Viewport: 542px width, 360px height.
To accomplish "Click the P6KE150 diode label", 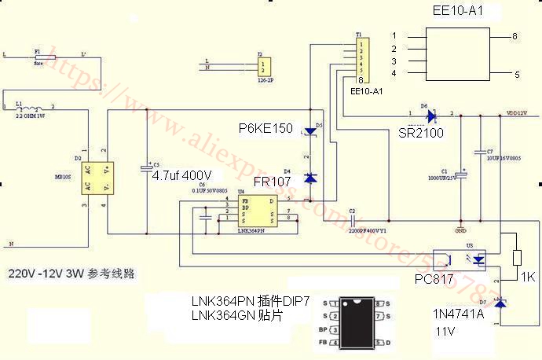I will (x=266, y=127).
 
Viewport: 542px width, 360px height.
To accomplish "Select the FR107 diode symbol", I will (x=310, y=178).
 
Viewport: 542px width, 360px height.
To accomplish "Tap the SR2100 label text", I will (x=421, y=133).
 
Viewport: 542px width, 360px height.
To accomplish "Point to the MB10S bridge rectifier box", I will (x=99, y=178).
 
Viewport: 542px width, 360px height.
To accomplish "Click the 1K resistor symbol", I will (x=517, y=259).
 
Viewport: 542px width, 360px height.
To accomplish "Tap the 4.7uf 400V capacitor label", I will (x=181, y=174).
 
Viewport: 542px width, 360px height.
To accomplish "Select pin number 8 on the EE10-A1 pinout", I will (x=515, y=36).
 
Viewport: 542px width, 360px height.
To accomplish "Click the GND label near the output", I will (x=460, y=231).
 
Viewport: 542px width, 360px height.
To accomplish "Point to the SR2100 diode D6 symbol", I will (x=430, y=116).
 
